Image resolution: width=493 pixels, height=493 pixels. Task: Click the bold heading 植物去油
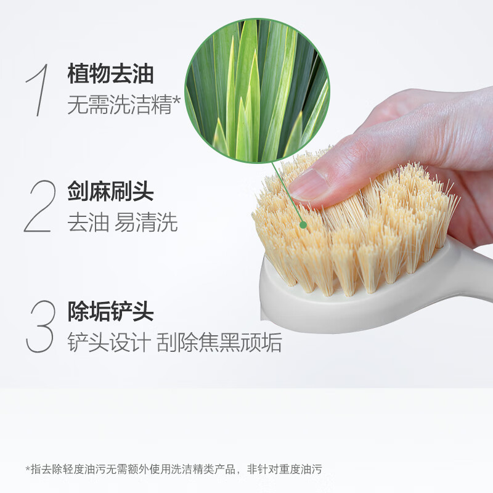click(110, 75)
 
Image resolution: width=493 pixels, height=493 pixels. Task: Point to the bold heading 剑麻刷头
click(110, 192)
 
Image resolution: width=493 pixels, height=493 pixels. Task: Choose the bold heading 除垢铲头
click(110, 312)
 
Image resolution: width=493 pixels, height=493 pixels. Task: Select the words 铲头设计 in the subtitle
click(108, 343)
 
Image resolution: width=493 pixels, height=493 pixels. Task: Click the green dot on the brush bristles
click(303, 225)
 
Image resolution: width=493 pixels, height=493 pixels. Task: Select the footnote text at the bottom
click(173, 470)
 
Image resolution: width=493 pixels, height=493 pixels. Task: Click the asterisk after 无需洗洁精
click(176, 100)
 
